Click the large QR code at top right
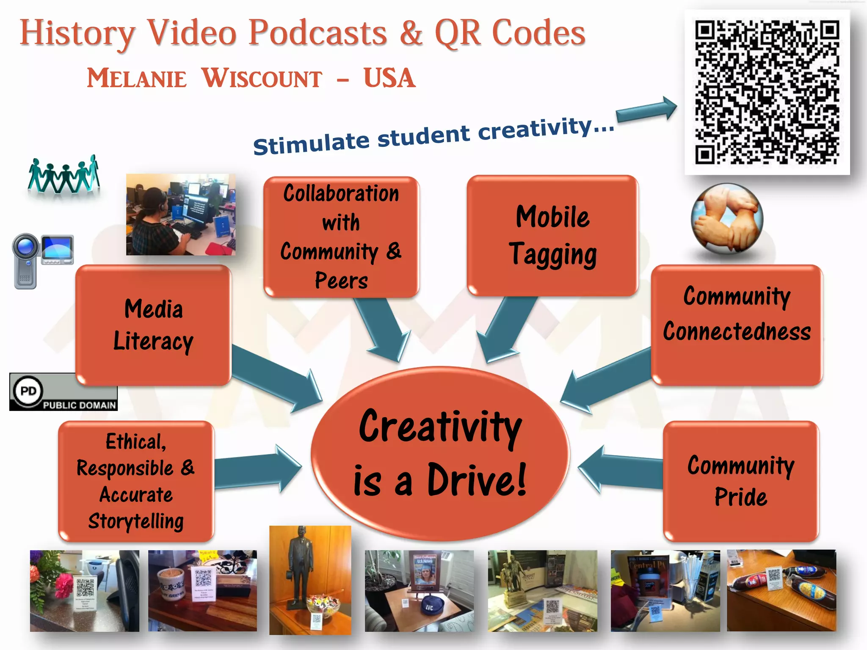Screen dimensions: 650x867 click(x=767, y=92)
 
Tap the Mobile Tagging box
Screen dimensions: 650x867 click(x=552, y=235)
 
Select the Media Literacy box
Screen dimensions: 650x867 click(x=153, y=325)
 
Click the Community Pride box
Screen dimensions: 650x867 click(x=740, y=481)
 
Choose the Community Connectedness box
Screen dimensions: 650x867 click(x=737, y=325)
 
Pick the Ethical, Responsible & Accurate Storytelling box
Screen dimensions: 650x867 click(x=136, y=481)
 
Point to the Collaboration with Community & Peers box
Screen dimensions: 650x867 click(x=341, y=237)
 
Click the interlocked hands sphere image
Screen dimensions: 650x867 click(x=727, y=218)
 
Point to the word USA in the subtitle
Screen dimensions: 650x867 click(x=389, y=78)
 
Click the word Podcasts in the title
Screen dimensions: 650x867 click(x=318, y=33)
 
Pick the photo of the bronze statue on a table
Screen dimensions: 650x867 click(x=310, y=580)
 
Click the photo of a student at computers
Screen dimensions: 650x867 click(x=181, y=214)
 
